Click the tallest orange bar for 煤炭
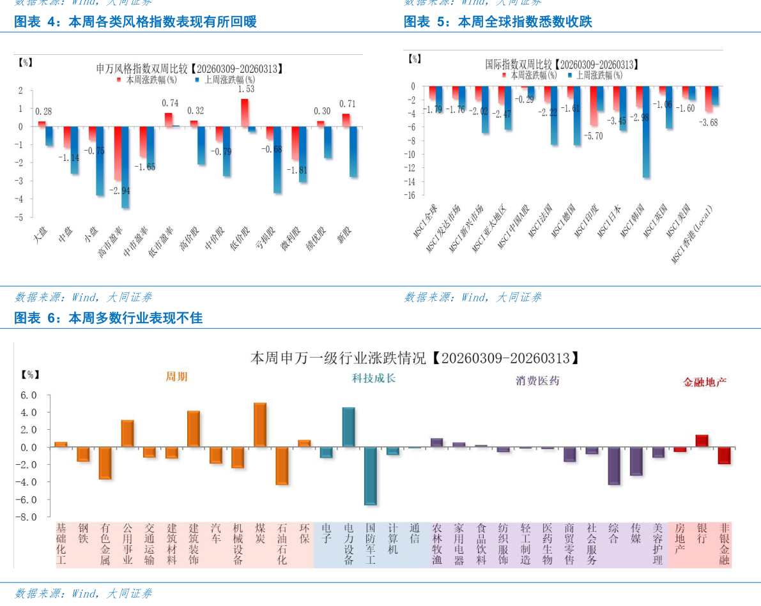coord(260,425)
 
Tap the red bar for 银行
coord(702,441)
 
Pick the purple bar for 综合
coord(613,466)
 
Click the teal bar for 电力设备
coord(348,427)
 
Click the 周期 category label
coord(177,377)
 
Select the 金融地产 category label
coord(705,383)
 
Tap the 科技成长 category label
coord(374,378)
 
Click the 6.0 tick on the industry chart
coord(29,395)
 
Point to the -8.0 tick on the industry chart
coord(27,517)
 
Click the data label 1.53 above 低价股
coord(246,89)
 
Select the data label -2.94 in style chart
coord(119,190)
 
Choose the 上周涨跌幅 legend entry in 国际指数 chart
coord(594,75)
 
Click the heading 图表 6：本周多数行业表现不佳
coord(109,318)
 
